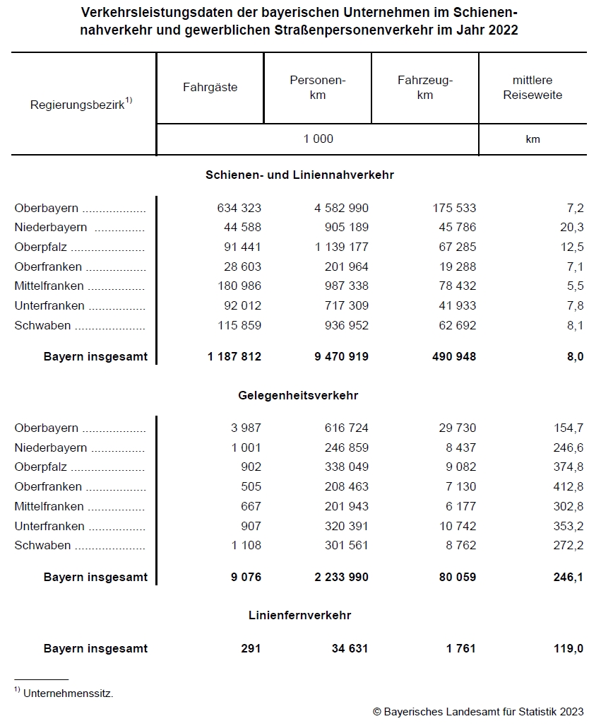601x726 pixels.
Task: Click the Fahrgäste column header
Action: pyautogui.click(x=210, y=88)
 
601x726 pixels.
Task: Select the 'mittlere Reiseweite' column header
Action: pyautogui.click(x=532, y=88)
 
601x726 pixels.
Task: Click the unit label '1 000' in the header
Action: pyautogui.click(x=318, y=139)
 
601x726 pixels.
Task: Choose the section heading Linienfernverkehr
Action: pyautogui.click(x=299, y=615)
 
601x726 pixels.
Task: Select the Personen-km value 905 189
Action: pyautogui.click(x=341, y=227)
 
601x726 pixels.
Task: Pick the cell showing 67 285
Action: pyautogui.click(x=454, y=247)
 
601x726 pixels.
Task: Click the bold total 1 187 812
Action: pyautogui.click(x=234, y=356)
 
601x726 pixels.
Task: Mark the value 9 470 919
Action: pyautogui.click(x=341, y=356)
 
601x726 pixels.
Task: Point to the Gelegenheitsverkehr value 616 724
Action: pyautogui.click(x=341, y=428)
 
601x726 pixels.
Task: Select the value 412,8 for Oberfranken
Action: pyautogui.click(x=569, y=486)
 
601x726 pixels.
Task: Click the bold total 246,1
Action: pyautogui.click(x=569, y=577)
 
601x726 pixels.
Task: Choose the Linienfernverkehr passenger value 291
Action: pyautogui.click(x=250, y=648)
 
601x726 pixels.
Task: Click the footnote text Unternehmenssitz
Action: pyautogui.click(x=68, y=693)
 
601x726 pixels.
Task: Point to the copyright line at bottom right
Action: pyautogui.click(x=478, y=712)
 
